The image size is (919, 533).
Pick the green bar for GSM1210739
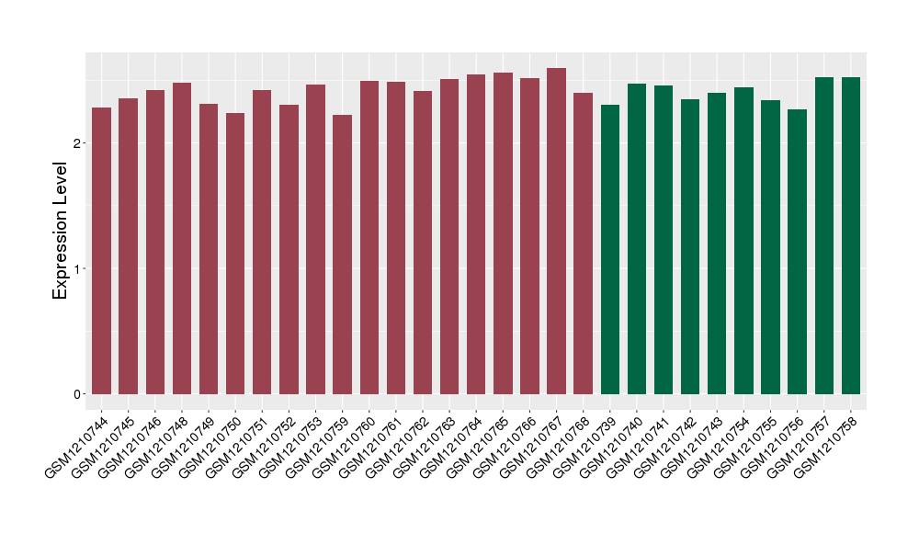(x=610, y=249)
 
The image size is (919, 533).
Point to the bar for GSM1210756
(x=798, y=252)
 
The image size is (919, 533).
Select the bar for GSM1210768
(x=584, y=244)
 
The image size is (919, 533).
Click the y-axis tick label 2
(x=79, y=143)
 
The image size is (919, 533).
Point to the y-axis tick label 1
(x=79, y=268)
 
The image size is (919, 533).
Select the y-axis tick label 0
(x=79, y=394)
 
